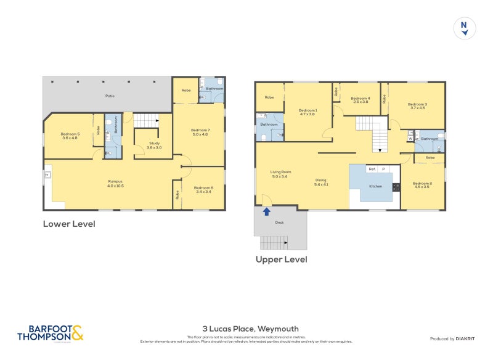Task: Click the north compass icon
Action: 464,28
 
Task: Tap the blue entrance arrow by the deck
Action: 266,211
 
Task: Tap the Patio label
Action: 110,96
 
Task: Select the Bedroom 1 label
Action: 307,111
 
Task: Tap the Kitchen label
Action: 375,186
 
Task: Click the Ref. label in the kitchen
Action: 372,168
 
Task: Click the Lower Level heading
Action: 68,224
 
